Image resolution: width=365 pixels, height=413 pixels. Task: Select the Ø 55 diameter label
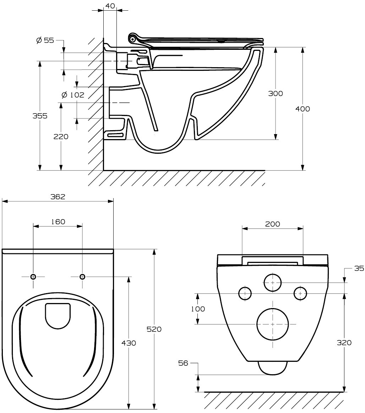pos(45,40)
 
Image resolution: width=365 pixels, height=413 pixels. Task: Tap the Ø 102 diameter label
pos(73,95)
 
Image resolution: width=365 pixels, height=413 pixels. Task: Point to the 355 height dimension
pos(40,116)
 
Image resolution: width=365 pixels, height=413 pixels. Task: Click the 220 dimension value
pos(61,136)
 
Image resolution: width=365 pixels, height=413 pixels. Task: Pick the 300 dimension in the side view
pos(276,94)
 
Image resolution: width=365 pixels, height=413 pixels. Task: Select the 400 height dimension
pos(303,109)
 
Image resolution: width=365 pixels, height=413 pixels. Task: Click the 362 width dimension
pos(58,197)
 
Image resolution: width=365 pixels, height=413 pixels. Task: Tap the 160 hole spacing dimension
pos(58,222)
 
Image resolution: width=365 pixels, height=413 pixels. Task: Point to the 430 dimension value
pos(129,343)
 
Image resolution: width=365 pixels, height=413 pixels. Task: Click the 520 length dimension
pos(154,329)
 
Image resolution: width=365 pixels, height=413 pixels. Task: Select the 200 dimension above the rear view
pos(272,224)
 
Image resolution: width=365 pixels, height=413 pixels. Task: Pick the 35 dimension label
pos(359,268)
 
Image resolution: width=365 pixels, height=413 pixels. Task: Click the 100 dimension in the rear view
pos(198,309)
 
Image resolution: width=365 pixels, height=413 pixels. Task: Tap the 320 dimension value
pos(344,343)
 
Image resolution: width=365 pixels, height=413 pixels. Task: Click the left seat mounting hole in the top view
pos(33,277)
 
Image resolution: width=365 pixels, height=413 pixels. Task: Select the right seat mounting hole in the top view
pos(82,277)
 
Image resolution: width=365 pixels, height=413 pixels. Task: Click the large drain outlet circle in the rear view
pos(272,324)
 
